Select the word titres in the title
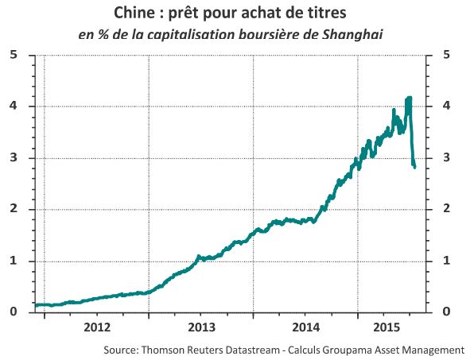[x=328, y=13]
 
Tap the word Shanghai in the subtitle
[x=352, y=34]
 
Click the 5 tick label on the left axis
[x=14, y=55]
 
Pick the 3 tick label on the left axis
[x=14, y=157]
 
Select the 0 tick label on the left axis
[x=14, y=312]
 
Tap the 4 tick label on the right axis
[x=446, y=106]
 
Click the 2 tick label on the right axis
[x=446, y=208]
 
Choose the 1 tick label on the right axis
[x=446, y=261]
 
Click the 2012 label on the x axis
[x=97, y=327]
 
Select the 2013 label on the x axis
[x=202, y=327]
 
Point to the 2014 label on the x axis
[x=306, y=327]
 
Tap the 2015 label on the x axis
[x=387, y=327]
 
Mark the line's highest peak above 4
[x=410, y=97]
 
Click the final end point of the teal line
[x=415, y=168]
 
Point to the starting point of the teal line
[x=36, y=305]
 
